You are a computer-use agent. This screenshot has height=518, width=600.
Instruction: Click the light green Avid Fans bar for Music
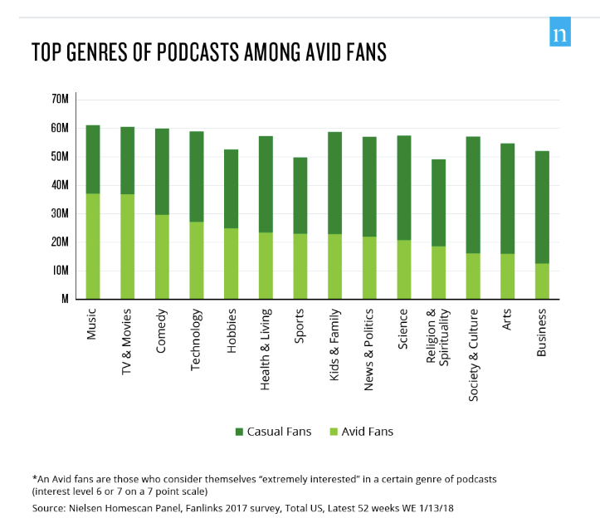93,246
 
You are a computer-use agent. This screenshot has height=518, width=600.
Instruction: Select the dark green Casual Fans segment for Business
542,207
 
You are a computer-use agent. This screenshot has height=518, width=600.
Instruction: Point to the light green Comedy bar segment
162,257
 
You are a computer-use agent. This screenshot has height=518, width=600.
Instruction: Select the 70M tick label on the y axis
60,100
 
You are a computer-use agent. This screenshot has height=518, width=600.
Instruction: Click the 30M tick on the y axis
60,213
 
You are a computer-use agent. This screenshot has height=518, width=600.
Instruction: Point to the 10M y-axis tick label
60,271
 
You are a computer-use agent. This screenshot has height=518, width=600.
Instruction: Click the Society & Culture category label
473,354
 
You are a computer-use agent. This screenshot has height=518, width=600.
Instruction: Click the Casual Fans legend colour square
240,432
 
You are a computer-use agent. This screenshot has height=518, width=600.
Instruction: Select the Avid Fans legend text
367,432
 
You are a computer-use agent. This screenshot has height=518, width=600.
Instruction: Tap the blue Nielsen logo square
560,35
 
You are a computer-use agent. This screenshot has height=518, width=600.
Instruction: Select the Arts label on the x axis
507,320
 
